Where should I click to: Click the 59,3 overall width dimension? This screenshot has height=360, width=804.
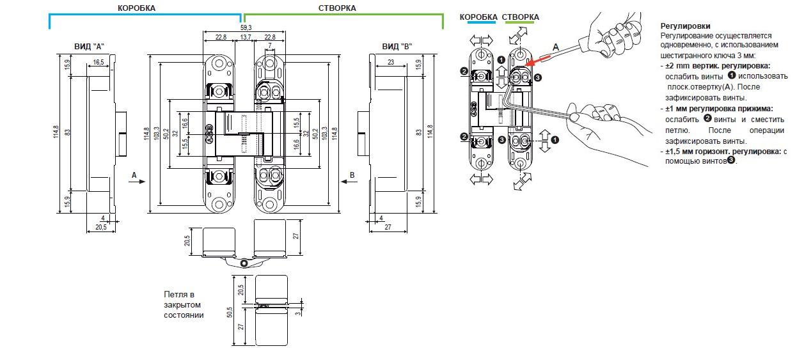point(246,27)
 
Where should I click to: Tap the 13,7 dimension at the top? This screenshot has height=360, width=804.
point(246,37)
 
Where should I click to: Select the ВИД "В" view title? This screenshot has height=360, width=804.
point(397,47)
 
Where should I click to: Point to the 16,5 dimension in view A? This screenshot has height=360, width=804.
point(98,62)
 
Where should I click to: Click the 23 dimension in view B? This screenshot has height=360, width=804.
point(390,62)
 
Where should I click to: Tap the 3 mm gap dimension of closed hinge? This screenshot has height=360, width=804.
point(299,313)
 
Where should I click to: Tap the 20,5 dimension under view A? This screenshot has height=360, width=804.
point(101,228)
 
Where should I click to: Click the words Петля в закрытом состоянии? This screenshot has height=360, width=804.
point(184,305)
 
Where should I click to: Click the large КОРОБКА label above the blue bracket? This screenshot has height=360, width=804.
point(136,8)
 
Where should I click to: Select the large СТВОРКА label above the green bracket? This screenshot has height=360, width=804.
point(337,8)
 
